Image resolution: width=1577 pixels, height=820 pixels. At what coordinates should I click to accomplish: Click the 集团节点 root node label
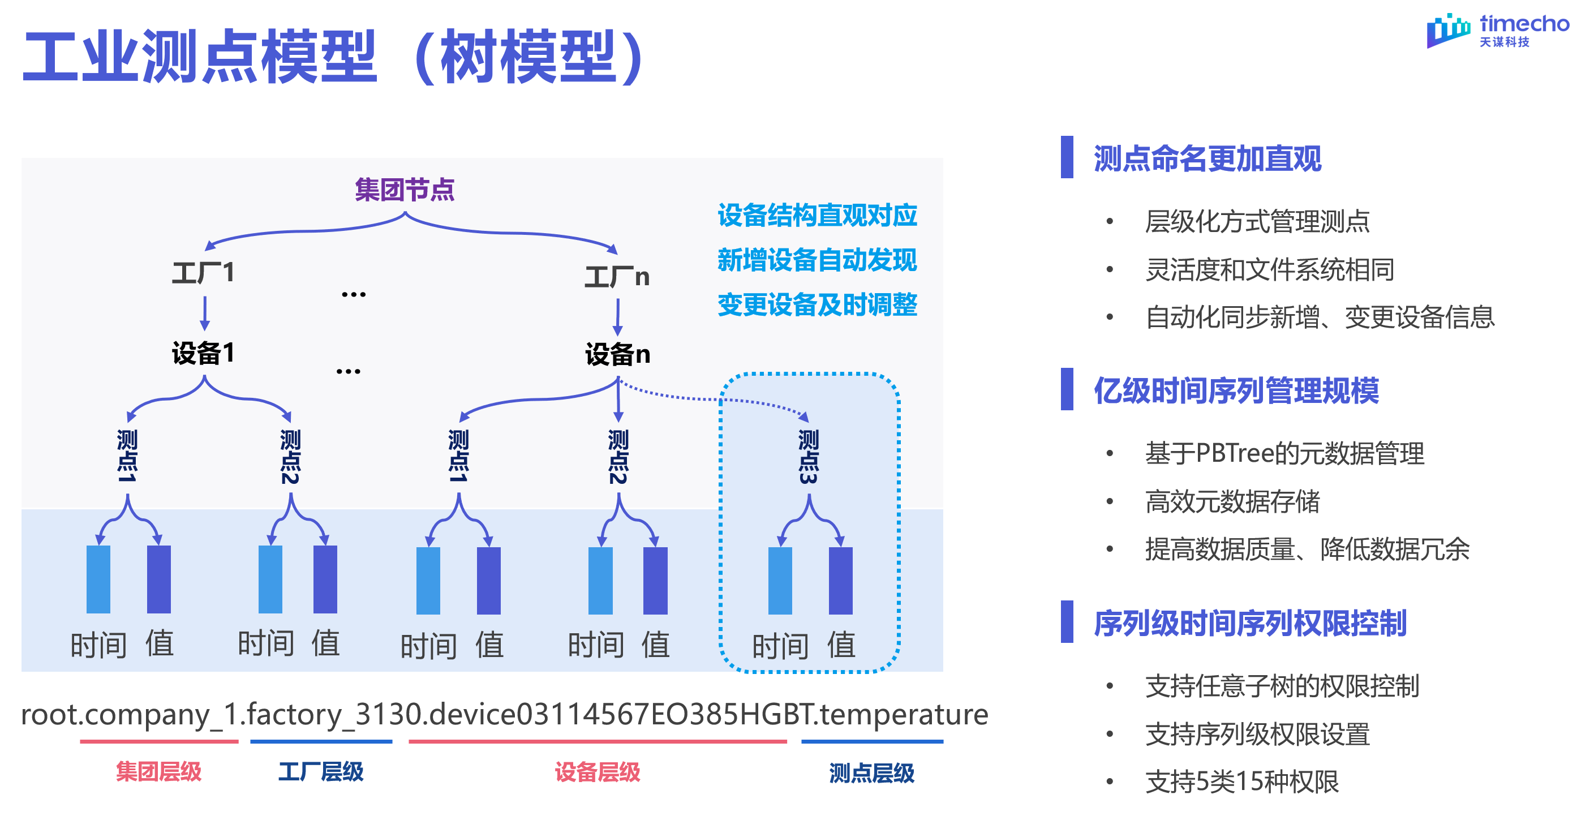pos(405,190)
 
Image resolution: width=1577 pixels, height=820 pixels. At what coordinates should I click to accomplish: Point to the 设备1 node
pos(203,353)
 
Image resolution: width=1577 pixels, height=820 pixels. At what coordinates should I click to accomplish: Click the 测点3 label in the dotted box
pos(808,456)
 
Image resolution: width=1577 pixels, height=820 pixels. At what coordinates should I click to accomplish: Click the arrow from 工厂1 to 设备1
pos(205,313)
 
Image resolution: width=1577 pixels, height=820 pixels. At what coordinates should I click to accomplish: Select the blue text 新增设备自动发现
pos(817,260)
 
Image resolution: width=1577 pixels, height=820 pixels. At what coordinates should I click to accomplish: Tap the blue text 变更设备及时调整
pos(817,305)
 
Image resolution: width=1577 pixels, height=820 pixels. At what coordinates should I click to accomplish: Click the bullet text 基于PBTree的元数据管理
pos(1284,454)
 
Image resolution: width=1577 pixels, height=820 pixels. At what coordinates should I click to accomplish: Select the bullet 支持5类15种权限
pos(1241,782)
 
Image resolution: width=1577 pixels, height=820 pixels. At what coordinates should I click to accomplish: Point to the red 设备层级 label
pos(597,772)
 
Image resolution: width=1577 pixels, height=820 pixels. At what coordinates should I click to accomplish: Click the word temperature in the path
pos(904,715)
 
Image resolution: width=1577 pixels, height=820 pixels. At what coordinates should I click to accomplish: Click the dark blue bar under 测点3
pos(840,581)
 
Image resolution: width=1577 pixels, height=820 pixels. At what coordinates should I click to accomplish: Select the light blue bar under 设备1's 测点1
pos(98,579)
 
